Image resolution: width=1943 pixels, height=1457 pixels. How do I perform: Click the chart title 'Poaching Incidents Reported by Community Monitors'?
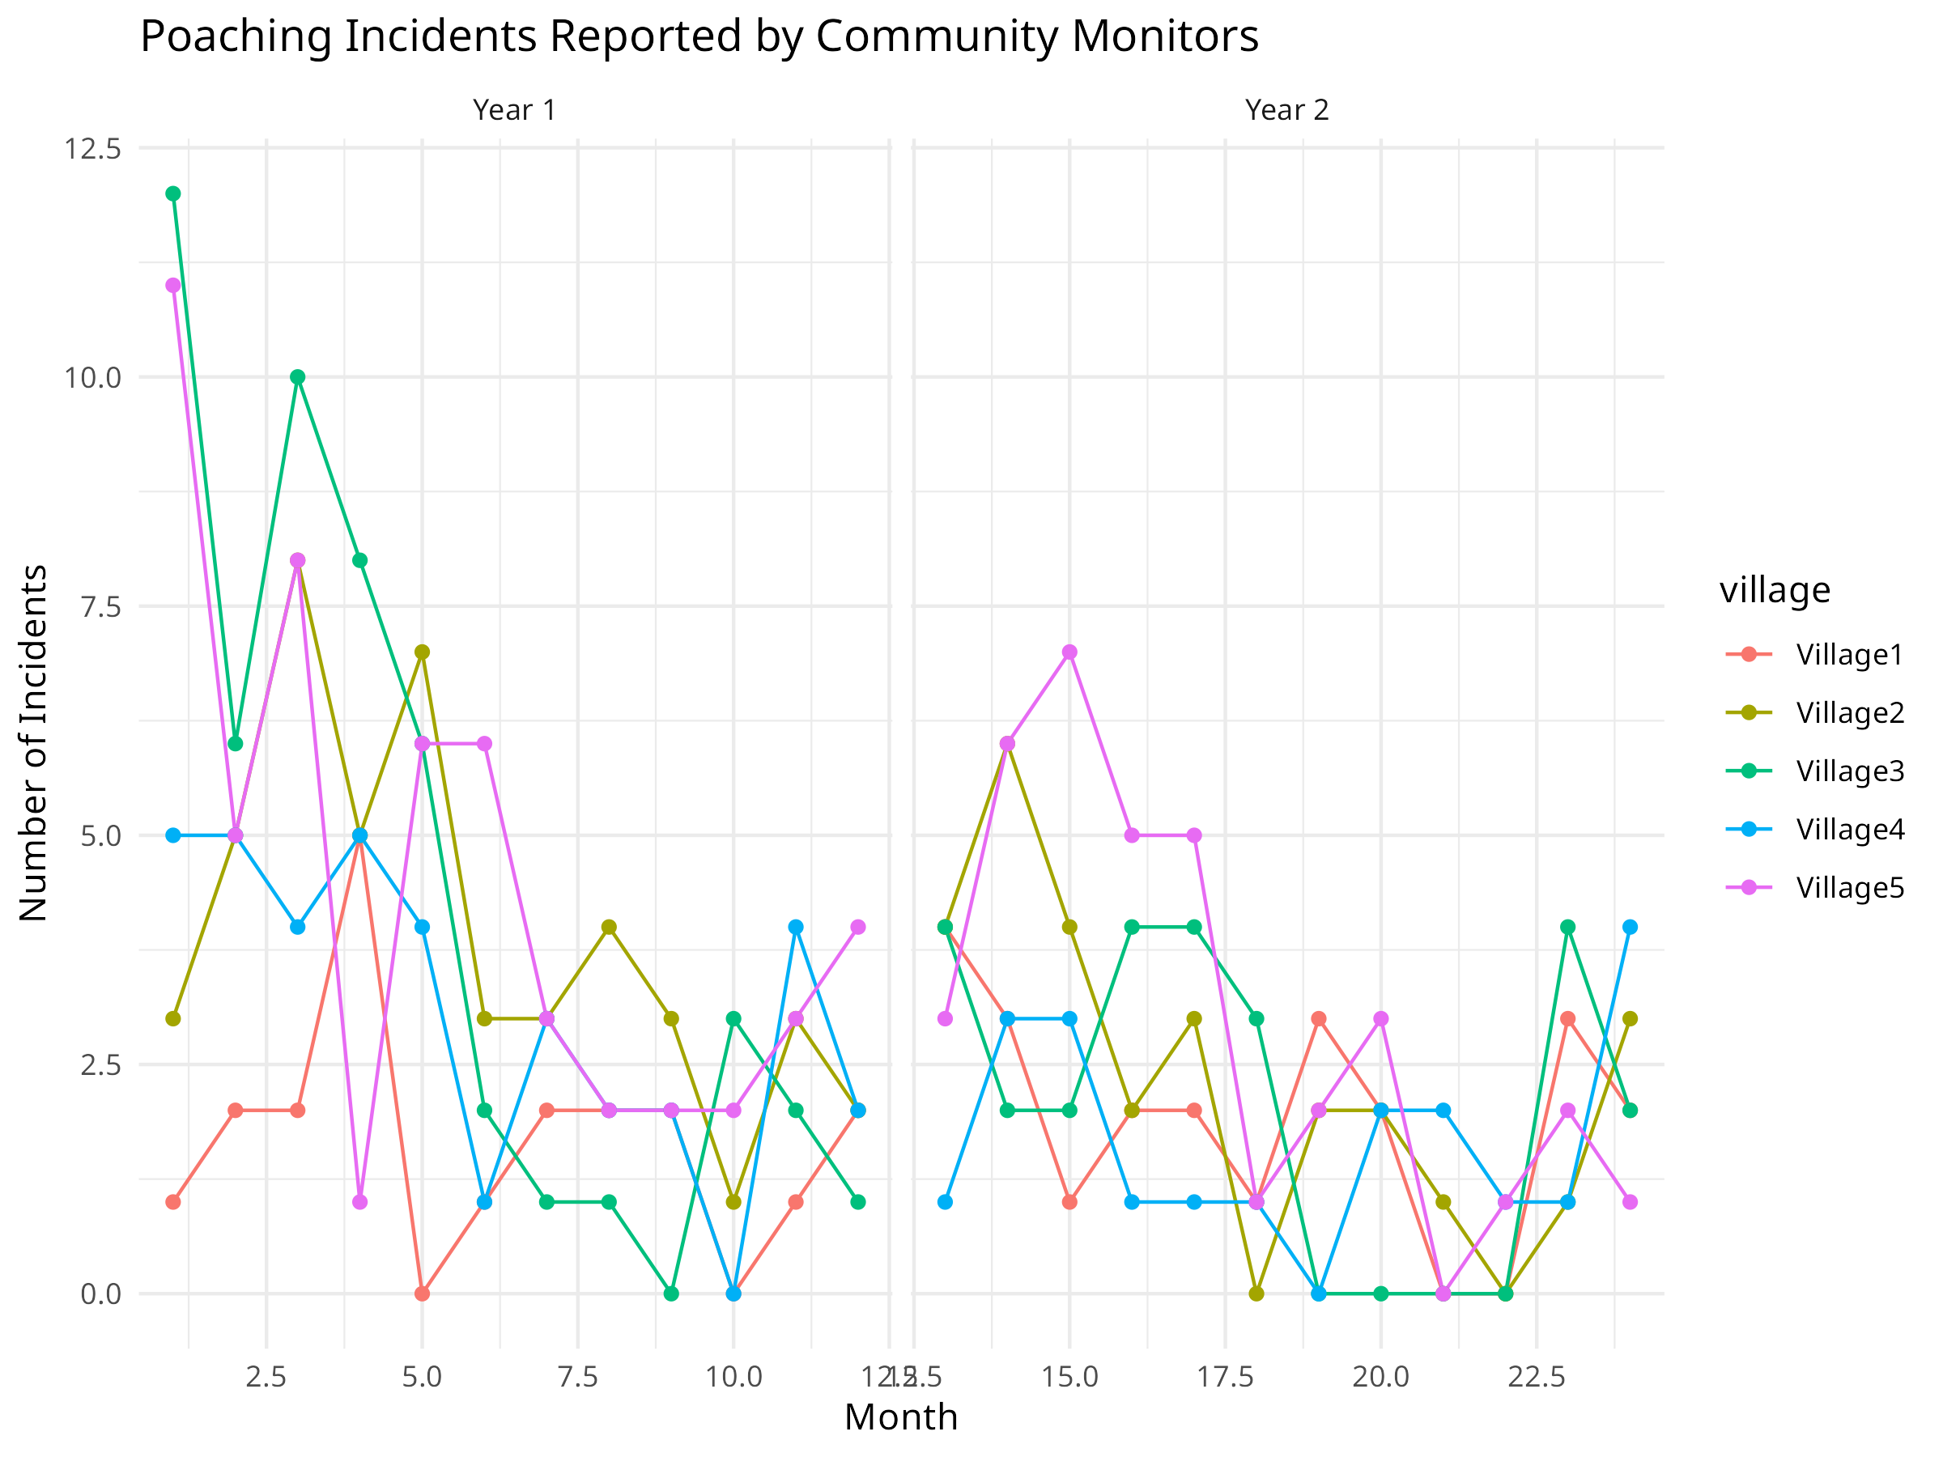(x=699, y=37)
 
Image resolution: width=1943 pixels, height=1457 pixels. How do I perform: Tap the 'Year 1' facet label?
(x=514, y=111)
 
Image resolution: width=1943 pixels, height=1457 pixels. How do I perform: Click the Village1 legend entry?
(x=1849, y=654)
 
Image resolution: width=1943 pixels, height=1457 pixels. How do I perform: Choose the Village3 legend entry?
(x=1849, y=771)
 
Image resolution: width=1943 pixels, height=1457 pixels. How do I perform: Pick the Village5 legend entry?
(x=1849, y=888)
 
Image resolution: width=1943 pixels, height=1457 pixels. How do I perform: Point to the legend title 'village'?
(x=1775, y=590)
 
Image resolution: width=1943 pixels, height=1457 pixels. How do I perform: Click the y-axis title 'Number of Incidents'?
(x=33, y=743)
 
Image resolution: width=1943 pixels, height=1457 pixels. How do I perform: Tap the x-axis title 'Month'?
(x=900, y=1417)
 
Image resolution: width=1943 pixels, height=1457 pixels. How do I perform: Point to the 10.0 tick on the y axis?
(x=92, y=378)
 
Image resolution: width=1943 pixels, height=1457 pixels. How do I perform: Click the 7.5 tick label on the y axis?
(x=100, y=607)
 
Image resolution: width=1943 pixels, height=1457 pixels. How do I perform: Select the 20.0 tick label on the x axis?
(x=1380, y=1376)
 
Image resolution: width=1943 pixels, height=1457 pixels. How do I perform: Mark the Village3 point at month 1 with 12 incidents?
(x=173, y=194)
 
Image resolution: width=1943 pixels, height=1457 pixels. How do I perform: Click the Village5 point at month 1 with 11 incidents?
(x=173, y=286)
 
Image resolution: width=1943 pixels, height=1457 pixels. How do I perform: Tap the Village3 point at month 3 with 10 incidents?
(x=298, y=378)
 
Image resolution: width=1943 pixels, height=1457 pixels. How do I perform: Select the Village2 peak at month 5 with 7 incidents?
(x=423, y=652)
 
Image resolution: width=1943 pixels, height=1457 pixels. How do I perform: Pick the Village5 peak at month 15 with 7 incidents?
(x=1069, y=652)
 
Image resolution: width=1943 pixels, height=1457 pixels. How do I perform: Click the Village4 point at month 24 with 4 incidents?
(x=1631, y=927)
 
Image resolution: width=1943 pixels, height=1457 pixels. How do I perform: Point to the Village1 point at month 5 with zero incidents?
(x=423, y=1293)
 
